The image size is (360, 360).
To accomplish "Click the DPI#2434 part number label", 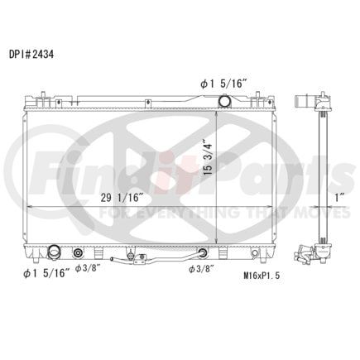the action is [31, 55].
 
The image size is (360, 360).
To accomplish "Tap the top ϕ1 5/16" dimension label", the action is [223, 84].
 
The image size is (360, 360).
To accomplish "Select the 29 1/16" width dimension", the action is [122, 198].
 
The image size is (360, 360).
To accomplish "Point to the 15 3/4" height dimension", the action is [209, 159].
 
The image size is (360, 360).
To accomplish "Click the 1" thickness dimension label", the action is [339, 198].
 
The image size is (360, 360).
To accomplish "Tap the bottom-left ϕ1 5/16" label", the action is [46, 273].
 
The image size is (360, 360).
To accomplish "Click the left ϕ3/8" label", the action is [87, 268].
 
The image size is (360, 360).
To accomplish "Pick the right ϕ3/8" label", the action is [202, 269].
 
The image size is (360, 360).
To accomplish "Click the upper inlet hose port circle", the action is [224, 101].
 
